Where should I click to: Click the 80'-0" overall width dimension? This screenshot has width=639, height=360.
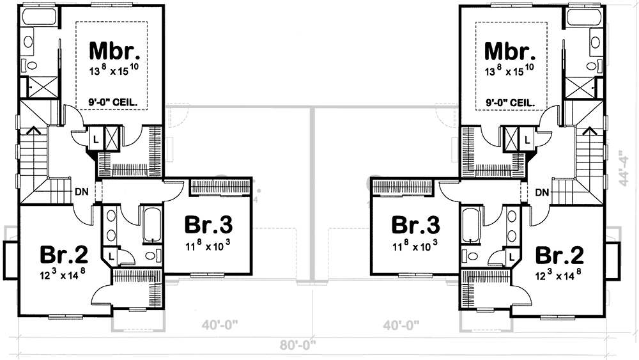[298, 346]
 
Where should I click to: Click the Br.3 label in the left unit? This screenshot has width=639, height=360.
[208, 226]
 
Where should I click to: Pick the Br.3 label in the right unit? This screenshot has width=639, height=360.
[415, 226]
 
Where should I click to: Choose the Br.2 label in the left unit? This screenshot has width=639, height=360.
[63, 254]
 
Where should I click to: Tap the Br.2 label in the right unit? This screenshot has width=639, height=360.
[559, 254]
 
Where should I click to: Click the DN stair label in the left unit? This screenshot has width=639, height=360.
[81, 191]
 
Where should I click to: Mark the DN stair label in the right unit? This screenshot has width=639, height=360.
[542, 191]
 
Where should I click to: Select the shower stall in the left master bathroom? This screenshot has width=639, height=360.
[30, 85]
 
